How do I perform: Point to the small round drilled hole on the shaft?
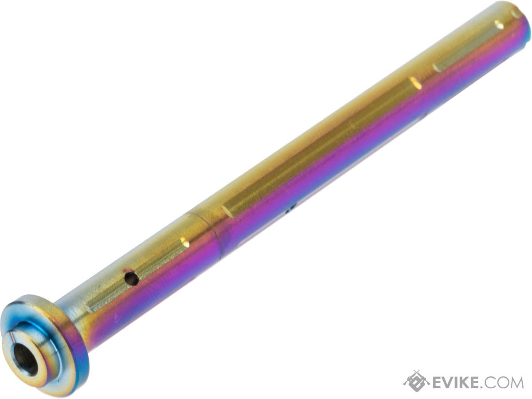131,278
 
